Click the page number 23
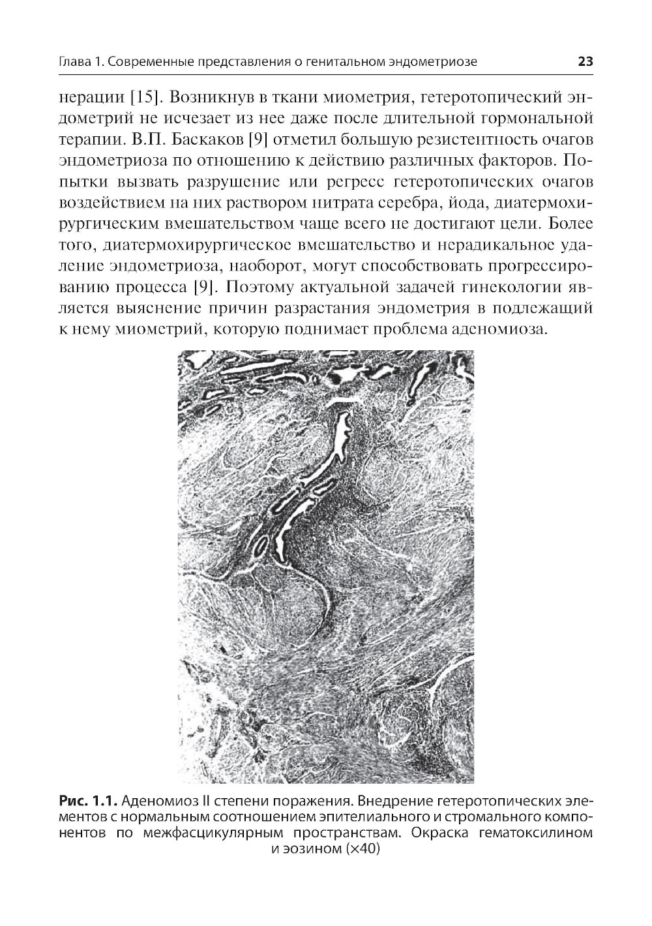584,63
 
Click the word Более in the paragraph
571,223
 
